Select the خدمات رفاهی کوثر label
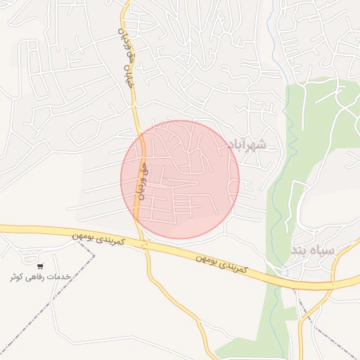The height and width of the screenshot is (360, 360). (x=41, y=277)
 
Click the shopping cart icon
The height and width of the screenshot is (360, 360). (x=40, y=266)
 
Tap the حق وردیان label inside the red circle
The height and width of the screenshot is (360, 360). (x=143, y=181)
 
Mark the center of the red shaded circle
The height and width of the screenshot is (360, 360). (x=180, y=179)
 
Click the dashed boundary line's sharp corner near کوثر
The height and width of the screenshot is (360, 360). (x=94, y=257)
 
